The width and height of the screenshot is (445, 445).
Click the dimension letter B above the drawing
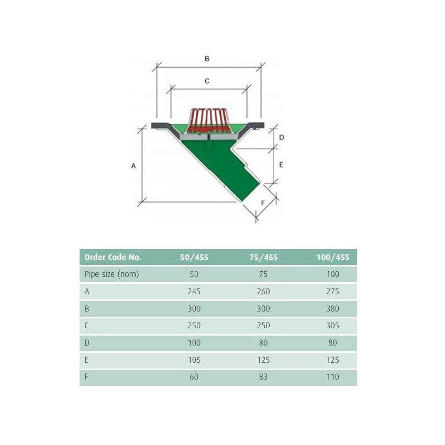click(207, 59)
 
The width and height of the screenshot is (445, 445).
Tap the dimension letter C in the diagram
click(207, 81)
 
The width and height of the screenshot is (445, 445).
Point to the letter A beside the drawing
click(133, 165)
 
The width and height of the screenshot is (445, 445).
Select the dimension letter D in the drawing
click(281, 138)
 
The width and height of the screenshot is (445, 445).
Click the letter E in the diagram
click(281, 164)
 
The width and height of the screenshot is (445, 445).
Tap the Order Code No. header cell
click(113, 257)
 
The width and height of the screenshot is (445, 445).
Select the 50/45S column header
click(194, 257)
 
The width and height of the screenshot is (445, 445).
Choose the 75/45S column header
click(263, 257)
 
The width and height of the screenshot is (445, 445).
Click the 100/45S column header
click(332, 257)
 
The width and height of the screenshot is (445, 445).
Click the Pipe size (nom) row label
click(112, 274)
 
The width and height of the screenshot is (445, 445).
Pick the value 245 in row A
click(194, 292)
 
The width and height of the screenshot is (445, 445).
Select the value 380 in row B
click(332, 309)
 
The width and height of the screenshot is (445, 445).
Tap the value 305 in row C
click(332, 326)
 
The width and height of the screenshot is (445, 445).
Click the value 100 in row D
click(194, 343)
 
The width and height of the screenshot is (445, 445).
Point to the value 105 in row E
click(194, 360)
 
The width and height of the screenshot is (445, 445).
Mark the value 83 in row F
click(263, 377)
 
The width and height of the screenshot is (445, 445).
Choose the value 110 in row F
click(332, 377)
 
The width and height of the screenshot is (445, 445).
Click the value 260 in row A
click(263, 292)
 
